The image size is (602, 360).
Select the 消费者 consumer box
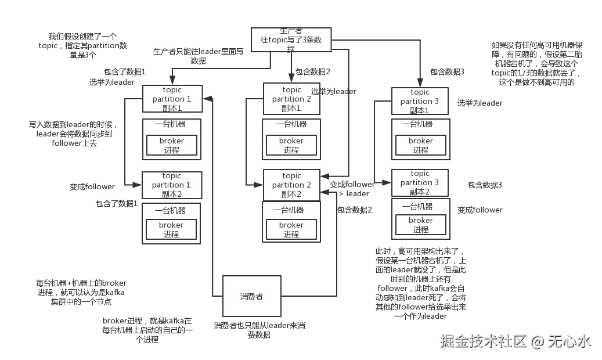pos(252,296)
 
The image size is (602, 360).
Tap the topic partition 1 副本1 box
pos(172,99)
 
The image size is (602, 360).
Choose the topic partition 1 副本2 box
pos(172,185)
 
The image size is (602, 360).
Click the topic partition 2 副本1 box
pos(291,99)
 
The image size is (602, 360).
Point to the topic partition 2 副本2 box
pos(291,185)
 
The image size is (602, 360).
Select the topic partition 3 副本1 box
pos(420,102)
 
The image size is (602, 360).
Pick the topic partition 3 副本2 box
pos(420,183)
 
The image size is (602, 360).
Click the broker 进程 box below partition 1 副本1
pos(171,145)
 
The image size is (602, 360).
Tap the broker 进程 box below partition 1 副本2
pos(171,229)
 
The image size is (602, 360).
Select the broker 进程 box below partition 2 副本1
pos(291,145)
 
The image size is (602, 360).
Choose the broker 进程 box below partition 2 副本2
pos(291,229)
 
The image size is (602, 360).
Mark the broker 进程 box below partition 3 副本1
pos(420,145)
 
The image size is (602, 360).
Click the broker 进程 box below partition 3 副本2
pos(420,225)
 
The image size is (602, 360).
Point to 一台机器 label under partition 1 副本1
pos(170,124)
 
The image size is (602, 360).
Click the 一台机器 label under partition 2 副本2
pos(291,210)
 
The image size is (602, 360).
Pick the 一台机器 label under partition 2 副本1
pos(291,124)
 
